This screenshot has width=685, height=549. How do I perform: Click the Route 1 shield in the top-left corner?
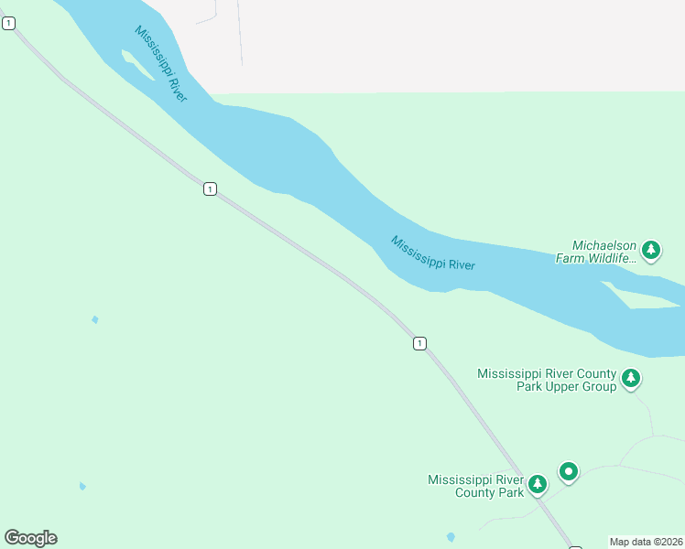click(8, 23)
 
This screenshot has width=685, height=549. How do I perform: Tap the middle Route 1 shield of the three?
click(211, 188)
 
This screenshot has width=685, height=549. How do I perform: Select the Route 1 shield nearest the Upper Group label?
click(419, 343)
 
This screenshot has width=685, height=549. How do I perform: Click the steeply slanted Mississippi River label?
click(161, 63)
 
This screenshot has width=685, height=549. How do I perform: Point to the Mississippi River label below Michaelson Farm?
click(433, 253)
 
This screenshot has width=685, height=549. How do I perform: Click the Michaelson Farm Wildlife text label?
click(596, 252)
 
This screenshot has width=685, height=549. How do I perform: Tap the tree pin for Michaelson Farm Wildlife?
click(651, 249)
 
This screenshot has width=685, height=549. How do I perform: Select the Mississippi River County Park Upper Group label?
click(547, 380)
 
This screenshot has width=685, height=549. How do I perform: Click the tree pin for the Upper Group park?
click(630, 378)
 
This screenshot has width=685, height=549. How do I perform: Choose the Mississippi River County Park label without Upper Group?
click(475, 486)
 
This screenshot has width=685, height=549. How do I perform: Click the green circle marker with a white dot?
click(569, 472)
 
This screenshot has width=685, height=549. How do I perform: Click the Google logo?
click(30, 538)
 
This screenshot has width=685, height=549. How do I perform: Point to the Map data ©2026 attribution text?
click(647, 542)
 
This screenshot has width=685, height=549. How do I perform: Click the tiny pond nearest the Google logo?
click(82, 486)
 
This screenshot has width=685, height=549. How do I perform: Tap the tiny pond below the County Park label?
click(450, 536)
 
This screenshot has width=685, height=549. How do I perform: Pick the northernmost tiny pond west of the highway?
click(94, 319)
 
